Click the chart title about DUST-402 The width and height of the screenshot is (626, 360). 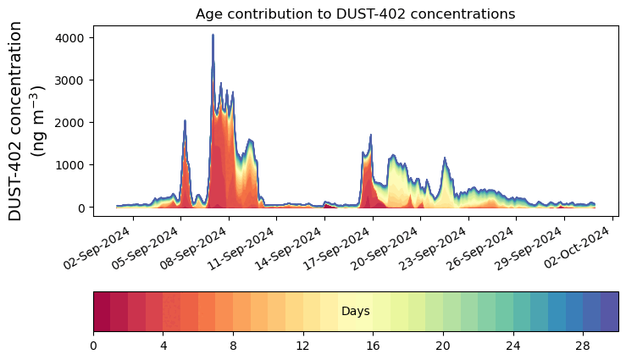(355, 14)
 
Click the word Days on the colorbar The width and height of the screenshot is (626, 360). (355, 312)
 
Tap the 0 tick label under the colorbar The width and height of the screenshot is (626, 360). (93, 346)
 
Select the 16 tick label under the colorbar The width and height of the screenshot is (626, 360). (373, 346)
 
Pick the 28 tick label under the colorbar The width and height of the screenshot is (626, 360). (583, 346)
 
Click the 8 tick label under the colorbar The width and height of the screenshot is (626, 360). (233, 346)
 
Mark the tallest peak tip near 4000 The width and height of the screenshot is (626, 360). (213, 36)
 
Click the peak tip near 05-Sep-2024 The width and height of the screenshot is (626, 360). (185, 121)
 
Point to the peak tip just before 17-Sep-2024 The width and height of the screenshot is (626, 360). (370, 135)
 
